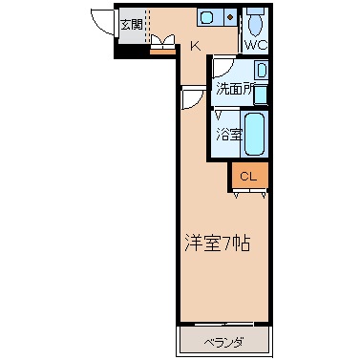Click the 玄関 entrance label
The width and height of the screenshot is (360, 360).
pos(132,24)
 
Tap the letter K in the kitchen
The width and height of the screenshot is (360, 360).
pos(196,47)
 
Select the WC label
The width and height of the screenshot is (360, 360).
pos(256,45)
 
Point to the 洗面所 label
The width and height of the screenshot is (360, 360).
pos(236,89)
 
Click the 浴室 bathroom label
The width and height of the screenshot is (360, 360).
pos(229,135)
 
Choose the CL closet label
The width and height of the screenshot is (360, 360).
pos(248,177)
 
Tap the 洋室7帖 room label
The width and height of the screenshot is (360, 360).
pos(218,244)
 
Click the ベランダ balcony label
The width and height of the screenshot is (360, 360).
pos(223,343)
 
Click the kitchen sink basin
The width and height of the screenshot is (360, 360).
pos(207,17)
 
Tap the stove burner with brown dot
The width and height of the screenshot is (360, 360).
pos(230,16)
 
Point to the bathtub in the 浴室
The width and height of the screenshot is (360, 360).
pos(255,134)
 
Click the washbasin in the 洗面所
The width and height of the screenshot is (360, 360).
pos(262,70)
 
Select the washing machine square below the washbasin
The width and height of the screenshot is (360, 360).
pos(261,95)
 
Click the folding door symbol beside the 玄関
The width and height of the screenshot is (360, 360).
pos(162,42)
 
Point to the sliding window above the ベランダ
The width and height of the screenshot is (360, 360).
pos(223,325)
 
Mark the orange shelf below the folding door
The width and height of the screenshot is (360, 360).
pos(162,52)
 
